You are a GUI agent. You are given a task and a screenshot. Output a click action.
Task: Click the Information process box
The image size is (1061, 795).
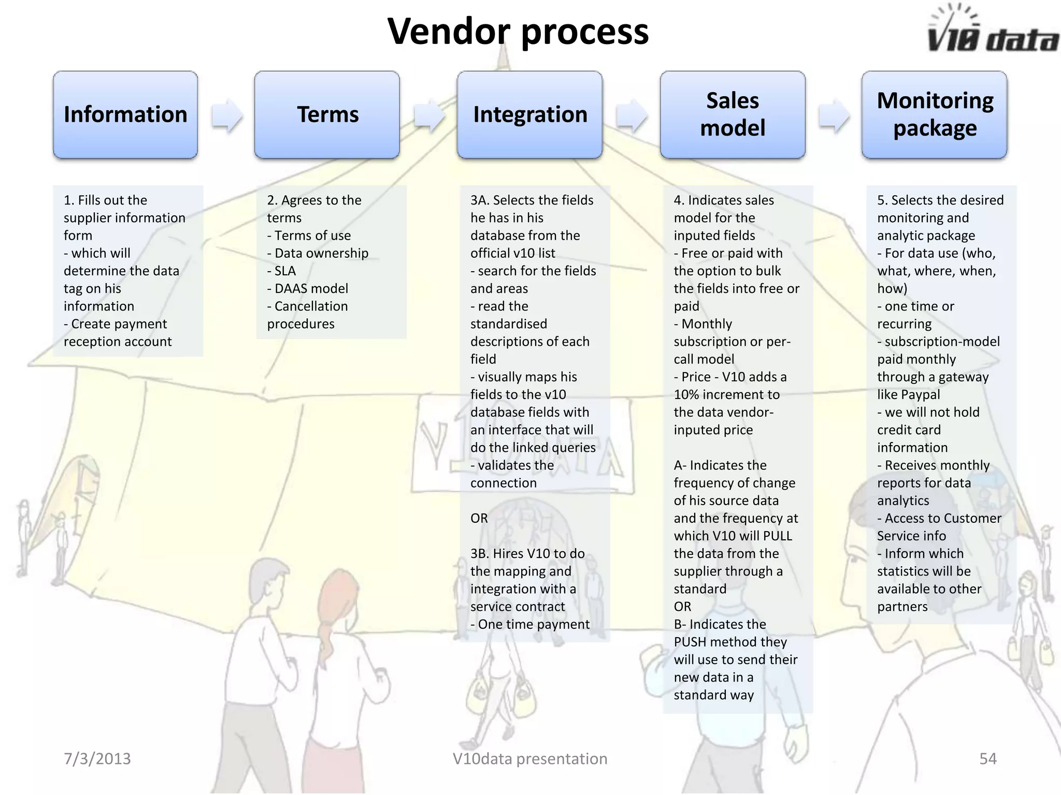click(x=125, y=114)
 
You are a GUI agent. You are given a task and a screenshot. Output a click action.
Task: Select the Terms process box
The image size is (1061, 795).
click(x=327, y=114)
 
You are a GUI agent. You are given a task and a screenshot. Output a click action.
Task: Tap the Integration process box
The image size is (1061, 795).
click(x=529, y=114)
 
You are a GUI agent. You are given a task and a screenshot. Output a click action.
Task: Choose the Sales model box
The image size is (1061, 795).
click(x=732, y=114)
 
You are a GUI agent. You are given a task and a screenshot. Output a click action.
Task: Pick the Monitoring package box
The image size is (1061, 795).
click(x=934, y=114)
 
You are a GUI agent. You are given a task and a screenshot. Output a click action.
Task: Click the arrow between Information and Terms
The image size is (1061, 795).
click(x=227, y=115)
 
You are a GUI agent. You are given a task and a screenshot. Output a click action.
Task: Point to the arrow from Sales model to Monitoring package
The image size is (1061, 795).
click(x=834, y=115)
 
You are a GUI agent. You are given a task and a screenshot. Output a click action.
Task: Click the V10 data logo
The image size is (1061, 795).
click(x=992, y=31)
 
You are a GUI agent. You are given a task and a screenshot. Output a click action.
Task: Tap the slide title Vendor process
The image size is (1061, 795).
click(x=518, y=31)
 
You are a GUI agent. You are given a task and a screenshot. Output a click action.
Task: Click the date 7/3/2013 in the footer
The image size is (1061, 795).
click(x=97, y=758)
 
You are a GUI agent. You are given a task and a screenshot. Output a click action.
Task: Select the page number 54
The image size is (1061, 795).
click(x=987, y=758)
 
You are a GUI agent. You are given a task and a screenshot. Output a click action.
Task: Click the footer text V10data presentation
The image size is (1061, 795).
click(x=529, y=758)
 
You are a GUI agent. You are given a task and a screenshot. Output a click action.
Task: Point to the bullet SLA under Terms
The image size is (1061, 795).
click(x=285, y=271)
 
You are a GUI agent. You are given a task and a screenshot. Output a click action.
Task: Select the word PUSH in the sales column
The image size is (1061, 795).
click(x=690, y=642)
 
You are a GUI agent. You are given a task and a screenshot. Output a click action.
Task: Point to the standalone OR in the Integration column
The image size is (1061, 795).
click(x=479, y=518)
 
